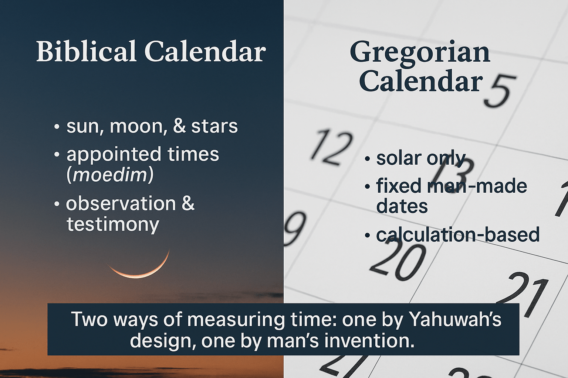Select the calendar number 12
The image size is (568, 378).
[x=331, y=147]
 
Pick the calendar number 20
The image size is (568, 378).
[x=397, y=261]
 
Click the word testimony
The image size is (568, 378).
[x=113, y=224]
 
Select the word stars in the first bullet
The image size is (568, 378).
[x=214, y=126]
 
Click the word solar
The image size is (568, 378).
[x=399, y=158]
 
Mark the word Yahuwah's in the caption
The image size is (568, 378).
[x=456, y=319]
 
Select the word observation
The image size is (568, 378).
[x=121, y=203]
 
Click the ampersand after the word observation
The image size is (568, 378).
[x=188, y=203]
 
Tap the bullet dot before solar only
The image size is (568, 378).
[x=367, y=159]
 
